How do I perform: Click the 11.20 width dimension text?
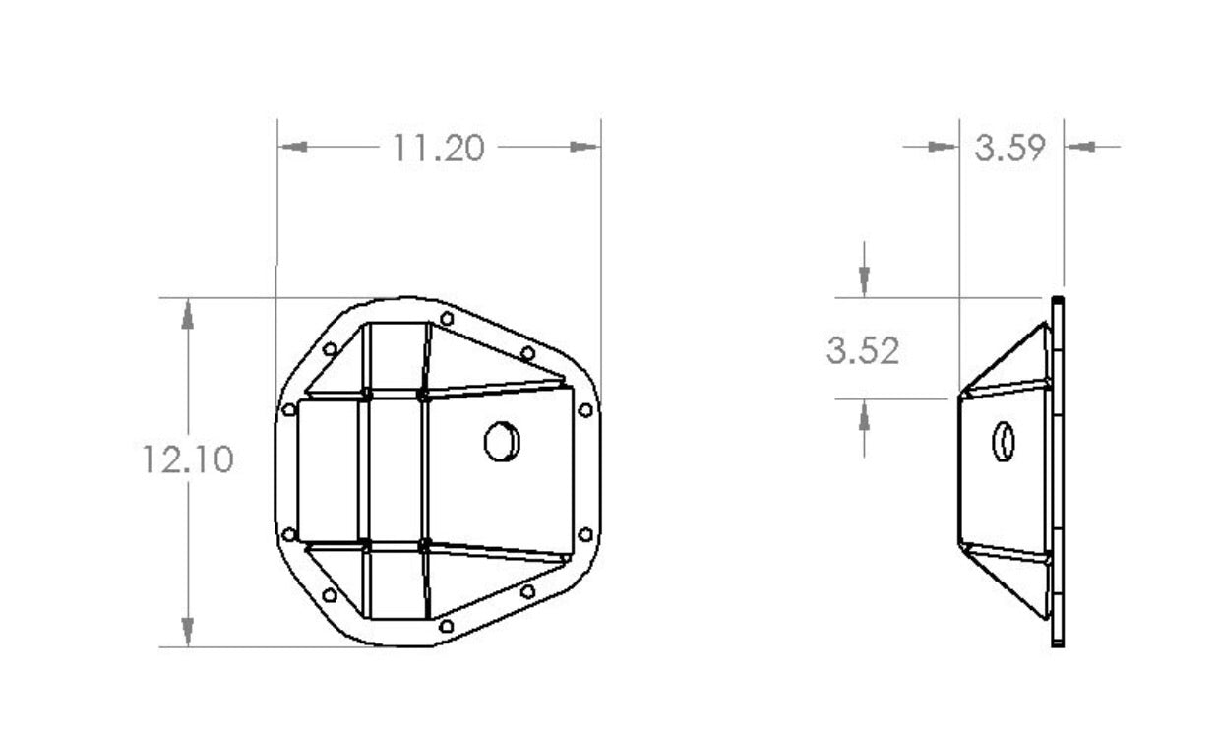click(x=439, y=148)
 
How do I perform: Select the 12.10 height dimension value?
click(x=187, y=459)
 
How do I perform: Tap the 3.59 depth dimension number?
click(x=1009, y=148)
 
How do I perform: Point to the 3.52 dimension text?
click(x=863, y=350)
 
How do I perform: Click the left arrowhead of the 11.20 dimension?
click(x=293, y=147)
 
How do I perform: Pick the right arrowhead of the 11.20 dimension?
click(x=584, y=147)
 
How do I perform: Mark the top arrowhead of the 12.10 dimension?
click(x=187, y=314)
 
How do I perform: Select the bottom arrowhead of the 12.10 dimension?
click(x=187, y=631)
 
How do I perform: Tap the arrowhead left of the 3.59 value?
click(x=944, y=147)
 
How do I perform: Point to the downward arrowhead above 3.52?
click(x=863, y=281)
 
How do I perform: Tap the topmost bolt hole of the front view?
click(x=447, y=319)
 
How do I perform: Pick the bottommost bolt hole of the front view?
click(x=447, y=625)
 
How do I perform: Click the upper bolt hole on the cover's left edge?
click(x=288, y=409)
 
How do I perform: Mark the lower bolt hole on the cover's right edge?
click(x=585, y=534)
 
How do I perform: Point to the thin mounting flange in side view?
click(x=1058, y=472)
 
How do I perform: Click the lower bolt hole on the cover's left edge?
click(x=288, y=534)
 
